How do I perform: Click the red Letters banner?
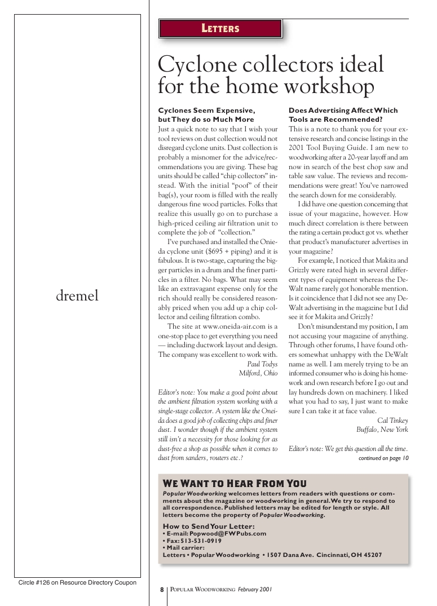(220, 28)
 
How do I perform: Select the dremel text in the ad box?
(77, 295)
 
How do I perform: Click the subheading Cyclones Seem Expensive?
(206, 110)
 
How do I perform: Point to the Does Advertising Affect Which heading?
(343, 110)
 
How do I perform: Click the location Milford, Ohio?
(258, 373)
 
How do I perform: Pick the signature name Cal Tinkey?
(392, 420)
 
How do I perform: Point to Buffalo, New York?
(382, 430)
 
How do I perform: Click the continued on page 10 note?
(383, 458)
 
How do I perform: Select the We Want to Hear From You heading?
(235, 484)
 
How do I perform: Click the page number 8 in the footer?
(161, 590)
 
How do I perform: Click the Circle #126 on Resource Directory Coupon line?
(77, 582)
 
